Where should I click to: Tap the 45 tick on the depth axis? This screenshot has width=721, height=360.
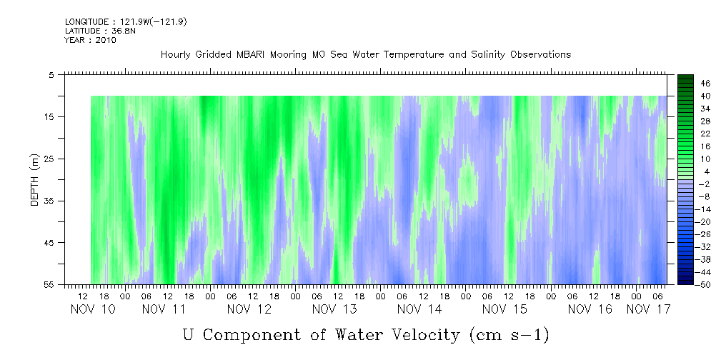coord(49,243)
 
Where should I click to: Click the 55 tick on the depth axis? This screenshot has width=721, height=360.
coord(49,285)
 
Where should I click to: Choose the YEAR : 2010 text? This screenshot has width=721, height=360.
coord(90,40)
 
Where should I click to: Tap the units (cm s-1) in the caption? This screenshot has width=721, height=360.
coord(509,334)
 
